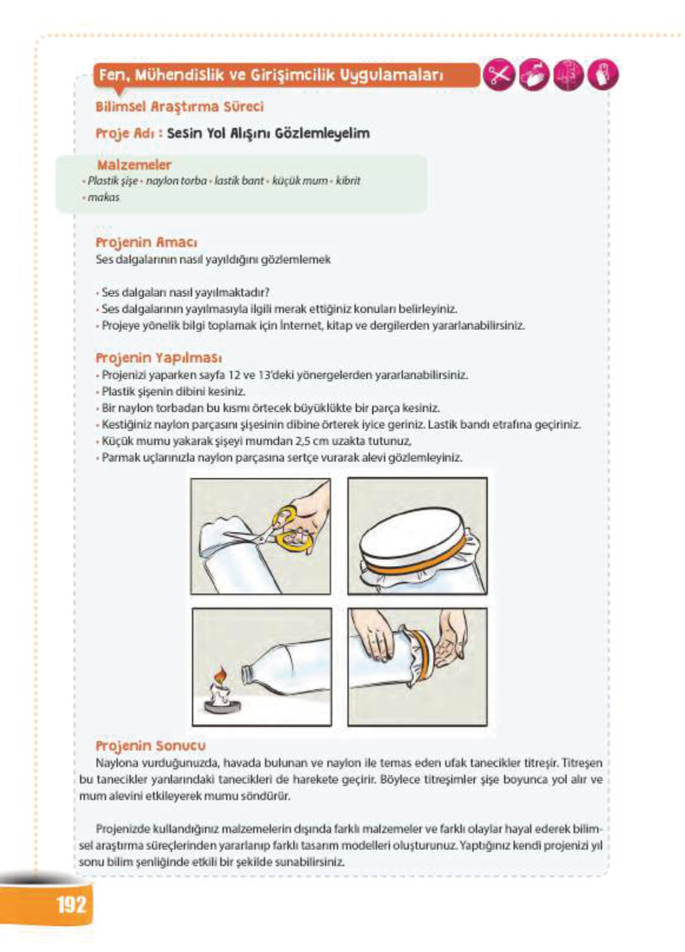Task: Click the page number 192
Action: click(71, 904)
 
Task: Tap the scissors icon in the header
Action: click(499, 76)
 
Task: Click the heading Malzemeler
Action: click(134, 165)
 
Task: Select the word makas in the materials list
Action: click(104, 197)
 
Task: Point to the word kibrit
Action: click(348, 181)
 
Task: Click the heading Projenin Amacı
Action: click(146, 242)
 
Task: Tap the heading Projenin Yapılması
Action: click(158, 358)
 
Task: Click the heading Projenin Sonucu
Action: click(150, 746)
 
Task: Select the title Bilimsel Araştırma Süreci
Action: click(179, 107)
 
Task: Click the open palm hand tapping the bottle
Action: click(450, 645)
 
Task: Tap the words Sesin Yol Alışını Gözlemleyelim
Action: click(268, 133)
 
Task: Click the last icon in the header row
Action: click(603, 76)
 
